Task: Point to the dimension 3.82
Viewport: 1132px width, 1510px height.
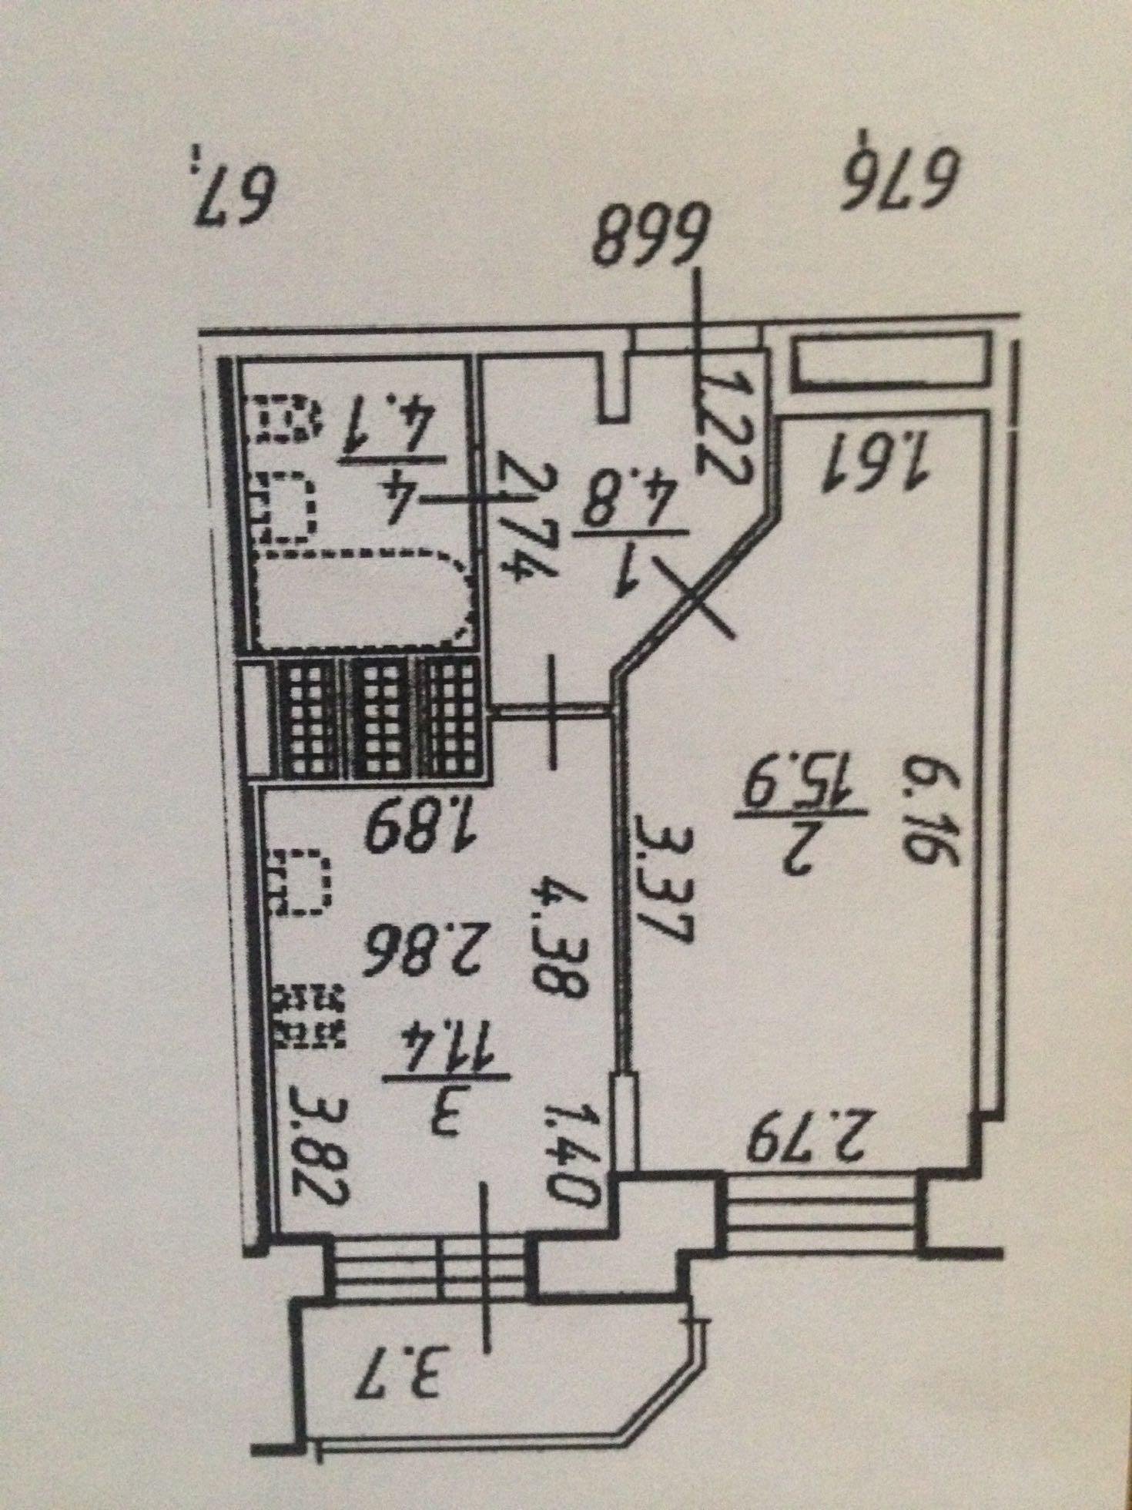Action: tap(322, 1143)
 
